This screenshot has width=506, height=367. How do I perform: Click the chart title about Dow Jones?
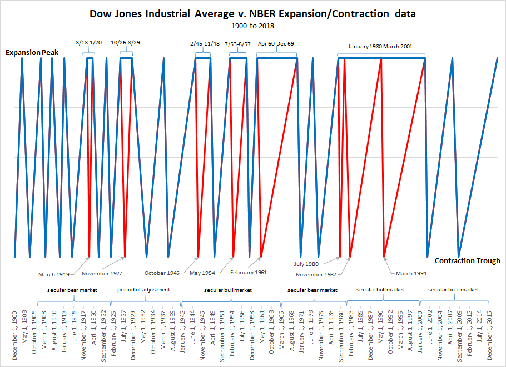[253, 13]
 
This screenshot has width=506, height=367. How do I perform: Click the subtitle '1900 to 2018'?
[253, 26]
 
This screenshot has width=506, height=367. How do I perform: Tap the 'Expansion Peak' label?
[32, 53]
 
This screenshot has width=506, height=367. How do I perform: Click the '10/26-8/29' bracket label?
[125, 42]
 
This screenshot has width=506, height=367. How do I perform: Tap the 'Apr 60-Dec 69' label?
[276, 42]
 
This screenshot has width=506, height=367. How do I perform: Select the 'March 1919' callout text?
[53, 274]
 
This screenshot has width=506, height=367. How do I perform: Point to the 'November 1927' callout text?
[102, 273]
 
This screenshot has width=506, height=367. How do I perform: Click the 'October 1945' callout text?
[162, 273]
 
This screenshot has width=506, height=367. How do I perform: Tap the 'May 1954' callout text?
[203, 273]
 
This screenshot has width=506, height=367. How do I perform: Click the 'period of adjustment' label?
[143, 290]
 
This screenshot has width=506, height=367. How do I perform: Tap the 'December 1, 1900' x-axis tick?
[15, 336]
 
